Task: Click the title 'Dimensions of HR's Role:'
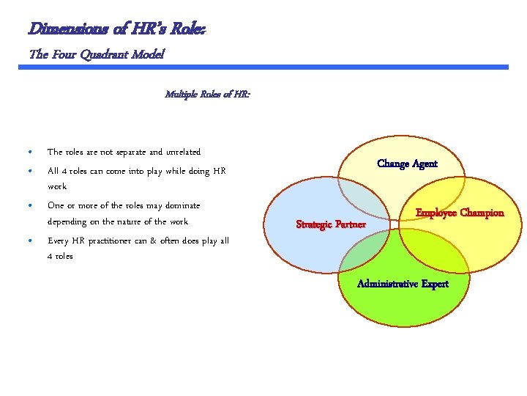[116, 29]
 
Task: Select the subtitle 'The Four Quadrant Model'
[97, 54]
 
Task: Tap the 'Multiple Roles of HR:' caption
[207, 94]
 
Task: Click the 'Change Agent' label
[407, 164]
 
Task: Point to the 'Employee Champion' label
[460, 213]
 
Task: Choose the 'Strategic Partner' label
[330, 224]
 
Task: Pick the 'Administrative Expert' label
[403, 284]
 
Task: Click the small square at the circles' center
[394, 224]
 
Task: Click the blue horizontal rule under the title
[263, 67]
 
